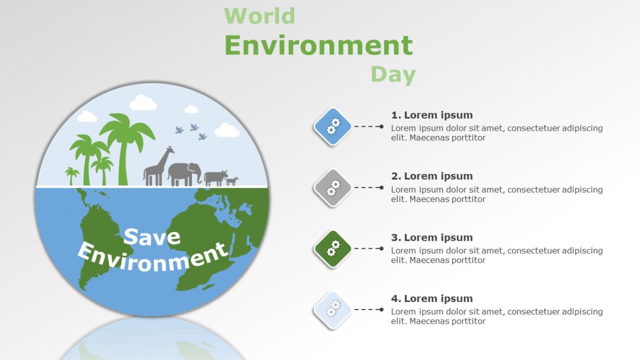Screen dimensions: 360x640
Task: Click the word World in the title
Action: [259, 16]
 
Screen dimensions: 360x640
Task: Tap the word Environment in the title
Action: [318, 46]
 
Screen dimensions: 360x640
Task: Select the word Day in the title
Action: [393, 74]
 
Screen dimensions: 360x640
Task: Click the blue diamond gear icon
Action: [332, 126]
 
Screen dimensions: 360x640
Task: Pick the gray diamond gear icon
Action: [332, 188]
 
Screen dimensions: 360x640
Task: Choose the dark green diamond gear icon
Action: [332, 248]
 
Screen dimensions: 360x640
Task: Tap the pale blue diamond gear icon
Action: [332, 310]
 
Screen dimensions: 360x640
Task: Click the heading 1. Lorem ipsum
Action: [432, 115]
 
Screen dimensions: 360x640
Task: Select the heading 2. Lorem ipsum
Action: [432, 176]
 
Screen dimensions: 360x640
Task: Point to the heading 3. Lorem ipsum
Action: [432, 237]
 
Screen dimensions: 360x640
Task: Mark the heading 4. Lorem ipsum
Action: [432, 299]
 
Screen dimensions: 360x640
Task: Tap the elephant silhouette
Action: [184, 173]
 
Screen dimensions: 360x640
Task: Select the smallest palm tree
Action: [72, 176]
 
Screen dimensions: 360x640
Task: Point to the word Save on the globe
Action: [152, 237]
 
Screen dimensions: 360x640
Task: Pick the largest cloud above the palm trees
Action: [143, 102]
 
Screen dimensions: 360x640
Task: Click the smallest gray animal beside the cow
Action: [232, 181]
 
